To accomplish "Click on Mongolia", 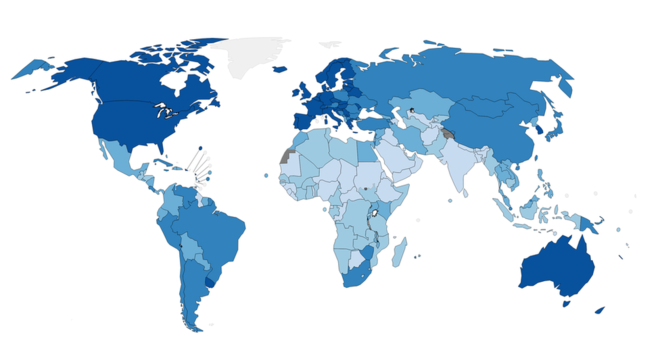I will pos(500,106).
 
